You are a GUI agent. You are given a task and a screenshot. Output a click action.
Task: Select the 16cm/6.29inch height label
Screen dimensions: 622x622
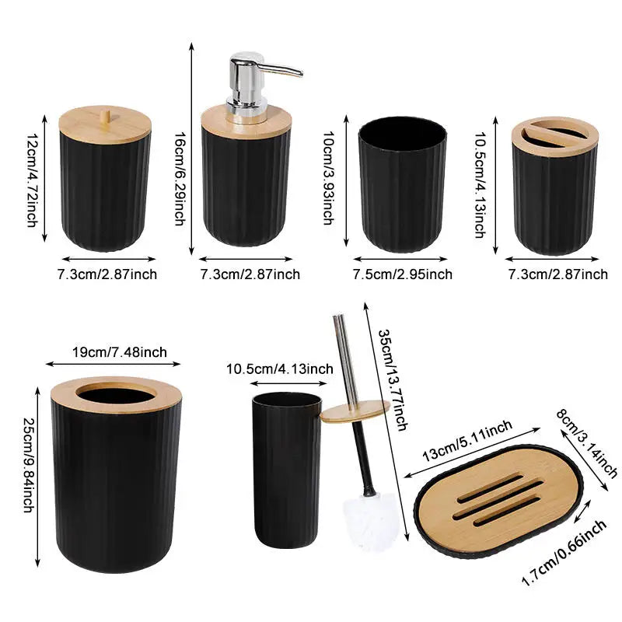180,179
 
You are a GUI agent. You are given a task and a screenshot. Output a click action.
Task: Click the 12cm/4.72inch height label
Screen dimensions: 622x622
32,180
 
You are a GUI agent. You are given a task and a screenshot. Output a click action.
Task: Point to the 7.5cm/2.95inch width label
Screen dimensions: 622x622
403,274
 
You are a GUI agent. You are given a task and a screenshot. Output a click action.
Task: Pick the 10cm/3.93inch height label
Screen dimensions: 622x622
328,178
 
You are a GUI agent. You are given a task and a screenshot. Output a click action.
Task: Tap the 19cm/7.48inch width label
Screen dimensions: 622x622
120,352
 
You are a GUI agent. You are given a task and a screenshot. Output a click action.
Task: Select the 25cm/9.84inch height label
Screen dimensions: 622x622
29,465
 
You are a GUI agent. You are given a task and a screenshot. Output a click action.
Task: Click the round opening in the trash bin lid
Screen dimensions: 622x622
116,395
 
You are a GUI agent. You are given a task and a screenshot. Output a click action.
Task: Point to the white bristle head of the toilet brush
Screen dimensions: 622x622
371,520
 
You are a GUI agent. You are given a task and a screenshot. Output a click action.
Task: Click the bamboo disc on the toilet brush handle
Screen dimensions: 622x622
355,411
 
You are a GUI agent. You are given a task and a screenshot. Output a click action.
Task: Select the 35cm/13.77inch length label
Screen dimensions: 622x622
393,379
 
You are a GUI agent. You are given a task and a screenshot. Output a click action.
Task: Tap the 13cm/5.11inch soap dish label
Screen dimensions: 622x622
467,440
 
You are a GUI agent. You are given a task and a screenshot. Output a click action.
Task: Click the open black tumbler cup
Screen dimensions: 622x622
402,184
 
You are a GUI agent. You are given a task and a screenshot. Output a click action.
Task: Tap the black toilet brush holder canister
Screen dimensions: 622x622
287,470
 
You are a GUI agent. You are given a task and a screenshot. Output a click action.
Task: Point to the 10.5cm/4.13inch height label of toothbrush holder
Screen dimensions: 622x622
480,184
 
